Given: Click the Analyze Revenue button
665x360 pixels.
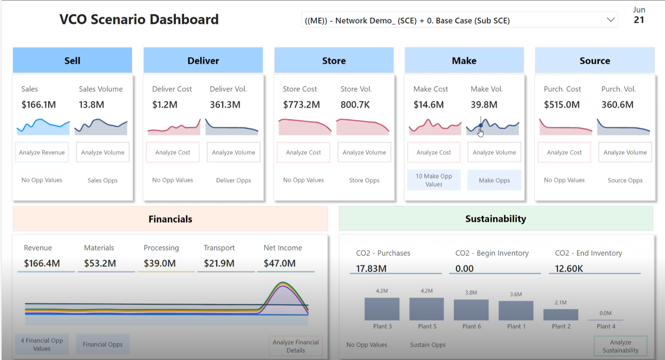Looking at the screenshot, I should [42, 153].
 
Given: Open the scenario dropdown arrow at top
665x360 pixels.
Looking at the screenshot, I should [610, 20].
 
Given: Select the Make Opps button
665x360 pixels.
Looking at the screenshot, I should [494, 180].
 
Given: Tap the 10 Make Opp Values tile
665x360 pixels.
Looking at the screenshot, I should [433, 180].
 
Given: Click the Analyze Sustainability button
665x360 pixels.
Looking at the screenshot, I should [620, 346].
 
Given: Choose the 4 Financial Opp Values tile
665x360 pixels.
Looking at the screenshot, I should [42, 344].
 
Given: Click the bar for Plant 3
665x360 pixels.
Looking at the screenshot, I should [382, 309].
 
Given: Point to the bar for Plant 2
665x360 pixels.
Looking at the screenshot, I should [560, 315].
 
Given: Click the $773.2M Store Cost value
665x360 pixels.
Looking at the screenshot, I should [301, 105].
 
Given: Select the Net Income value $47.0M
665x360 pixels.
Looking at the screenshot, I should [279, 263].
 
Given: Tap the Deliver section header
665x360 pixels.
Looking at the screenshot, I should [203, 61].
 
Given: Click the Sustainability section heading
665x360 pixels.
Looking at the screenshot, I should [496, 219].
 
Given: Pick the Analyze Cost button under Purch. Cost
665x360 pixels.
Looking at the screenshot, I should [564, 153].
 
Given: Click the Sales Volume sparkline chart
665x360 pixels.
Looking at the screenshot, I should [101, 126].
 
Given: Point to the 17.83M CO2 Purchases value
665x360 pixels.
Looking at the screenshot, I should [371, 268].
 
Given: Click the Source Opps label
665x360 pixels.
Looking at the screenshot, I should [625, 180].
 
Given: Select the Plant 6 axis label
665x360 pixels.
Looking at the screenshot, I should [471, 326].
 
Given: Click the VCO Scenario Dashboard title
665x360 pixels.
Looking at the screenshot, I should [139, 19].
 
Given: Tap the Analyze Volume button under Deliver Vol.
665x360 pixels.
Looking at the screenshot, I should [233, 153].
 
